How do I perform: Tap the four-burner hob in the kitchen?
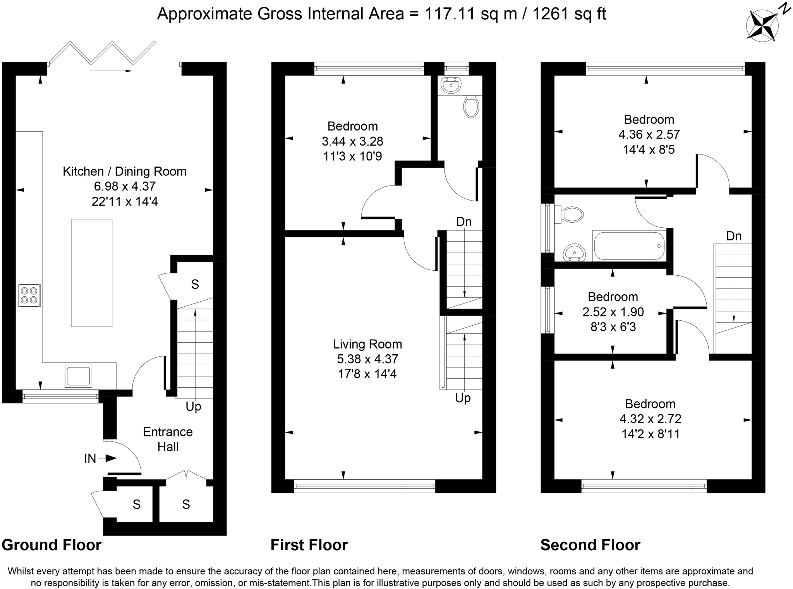point(29,295)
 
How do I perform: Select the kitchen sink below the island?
point(79,376)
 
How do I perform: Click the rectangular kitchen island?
point(92,273)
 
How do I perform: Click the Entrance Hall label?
point(168,439)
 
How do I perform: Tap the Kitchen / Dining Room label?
point(125,171)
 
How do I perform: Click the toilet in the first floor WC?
point(471,107)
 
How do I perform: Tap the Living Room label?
point(367,344)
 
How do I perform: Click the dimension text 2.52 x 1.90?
point(613,312)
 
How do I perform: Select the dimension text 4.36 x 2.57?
point(649,134)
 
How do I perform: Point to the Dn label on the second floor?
point(734,236)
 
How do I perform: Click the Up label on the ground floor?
point(194,407)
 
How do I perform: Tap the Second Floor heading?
point(590,545)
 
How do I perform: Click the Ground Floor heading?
point(51,545)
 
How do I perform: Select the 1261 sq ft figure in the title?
point(569,14)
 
